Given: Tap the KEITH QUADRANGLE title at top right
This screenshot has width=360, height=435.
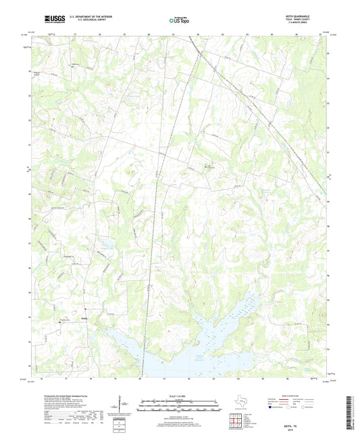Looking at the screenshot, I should [x=308, y=15].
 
